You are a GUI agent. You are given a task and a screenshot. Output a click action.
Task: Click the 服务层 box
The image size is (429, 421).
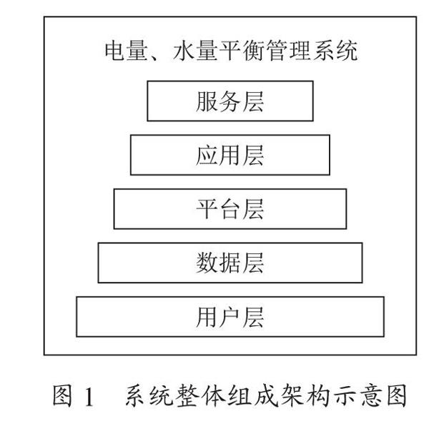click(230, 101)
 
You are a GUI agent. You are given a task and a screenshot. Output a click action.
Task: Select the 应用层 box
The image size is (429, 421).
click(230, 155)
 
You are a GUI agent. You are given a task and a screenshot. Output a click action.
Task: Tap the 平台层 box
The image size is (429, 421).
click(230, 209)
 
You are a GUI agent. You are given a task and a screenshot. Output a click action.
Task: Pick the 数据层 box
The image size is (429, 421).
click(230, 263)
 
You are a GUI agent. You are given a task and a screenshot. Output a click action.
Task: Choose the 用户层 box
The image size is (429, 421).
click(230, 317)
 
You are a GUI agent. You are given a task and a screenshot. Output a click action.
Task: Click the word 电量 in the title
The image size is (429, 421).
click(126, 51)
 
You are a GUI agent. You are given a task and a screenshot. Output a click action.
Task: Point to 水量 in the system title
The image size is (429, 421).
click(195, 51)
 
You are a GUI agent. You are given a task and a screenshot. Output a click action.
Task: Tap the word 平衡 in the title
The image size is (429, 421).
click(242, 51)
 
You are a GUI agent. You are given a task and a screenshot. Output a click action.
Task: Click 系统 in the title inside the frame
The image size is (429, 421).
click(335, 51)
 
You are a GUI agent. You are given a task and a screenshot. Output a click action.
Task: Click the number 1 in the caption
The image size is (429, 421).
click(89, 396)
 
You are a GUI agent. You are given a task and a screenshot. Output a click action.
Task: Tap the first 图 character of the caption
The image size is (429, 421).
click(62, 395)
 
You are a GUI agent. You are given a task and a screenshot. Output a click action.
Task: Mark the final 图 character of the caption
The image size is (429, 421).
click(397, 395)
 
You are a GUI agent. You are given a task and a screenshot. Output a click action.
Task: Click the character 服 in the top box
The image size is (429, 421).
click(207, 101)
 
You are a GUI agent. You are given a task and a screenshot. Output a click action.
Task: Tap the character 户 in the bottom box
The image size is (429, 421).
click(230, 317)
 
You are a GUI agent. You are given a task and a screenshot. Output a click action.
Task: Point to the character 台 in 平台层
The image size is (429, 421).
click(230, 209)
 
